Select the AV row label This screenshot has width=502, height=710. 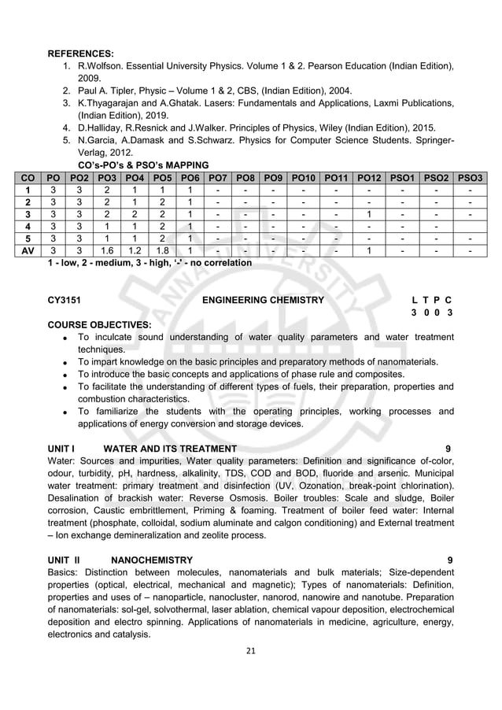click(x=29, y=251)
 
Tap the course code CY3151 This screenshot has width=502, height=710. click(x=65, y=300)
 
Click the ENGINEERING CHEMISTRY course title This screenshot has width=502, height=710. click(x=263, y=300)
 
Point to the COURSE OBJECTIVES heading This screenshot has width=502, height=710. click(x=99, y=324)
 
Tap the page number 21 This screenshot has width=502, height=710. click(x=250, y=650)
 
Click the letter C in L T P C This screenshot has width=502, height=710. click(x=450, y=300)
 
